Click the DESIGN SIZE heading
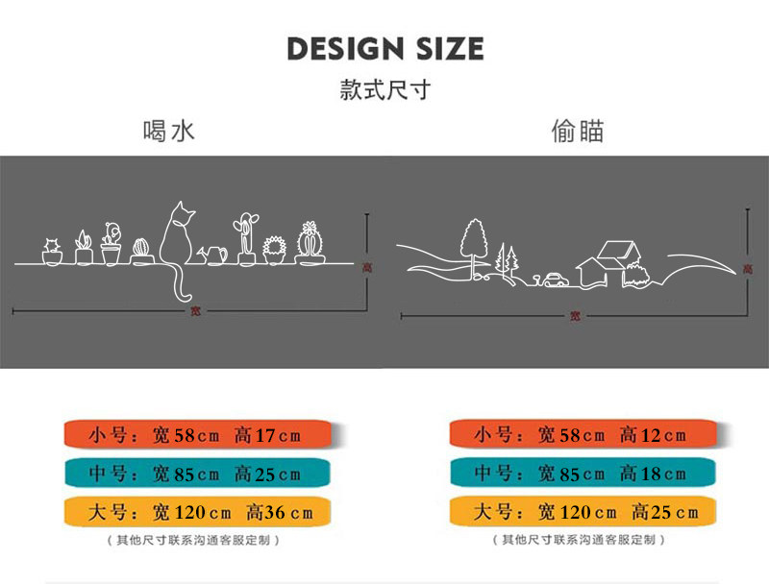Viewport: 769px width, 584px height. [x=384, y=48]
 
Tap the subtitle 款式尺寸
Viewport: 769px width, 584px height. [x=384, y=91]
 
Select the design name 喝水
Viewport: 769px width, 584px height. [x=168, y=131]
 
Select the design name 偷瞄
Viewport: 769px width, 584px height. [x=578, y=131]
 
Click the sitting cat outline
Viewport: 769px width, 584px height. [x=176, y=235]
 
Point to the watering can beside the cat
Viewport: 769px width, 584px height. [x=213, y=255]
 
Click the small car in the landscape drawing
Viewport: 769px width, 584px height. [x=555, y=280]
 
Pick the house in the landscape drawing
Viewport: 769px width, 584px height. [x=606, y=262]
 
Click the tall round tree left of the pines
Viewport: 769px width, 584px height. [x=475, y=240]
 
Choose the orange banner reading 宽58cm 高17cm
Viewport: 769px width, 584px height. [x=196, y=435]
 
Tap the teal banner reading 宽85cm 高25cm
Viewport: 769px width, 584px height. [x=196, y=474]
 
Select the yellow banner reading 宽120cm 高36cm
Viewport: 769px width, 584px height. [x=196, y=512]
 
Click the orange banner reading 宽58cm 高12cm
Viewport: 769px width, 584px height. [x=581, y=435]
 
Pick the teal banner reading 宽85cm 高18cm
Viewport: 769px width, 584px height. [x=581, y=474]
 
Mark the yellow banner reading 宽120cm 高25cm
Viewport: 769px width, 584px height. [x=581, y=512]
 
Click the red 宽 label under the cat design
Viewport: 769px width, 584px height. [x=195, y=310]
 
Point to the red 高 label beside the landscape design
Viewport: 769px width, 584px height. [x=748, y=270]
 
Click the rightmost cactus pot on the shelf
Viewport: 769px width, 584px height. [x=309, y=243]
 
